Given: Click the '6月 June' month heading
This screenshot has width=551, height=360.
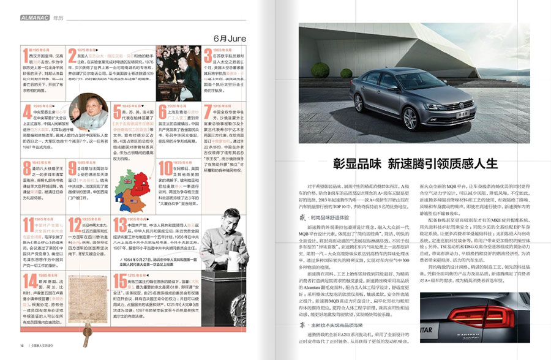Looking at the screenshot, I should (230, 39).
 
